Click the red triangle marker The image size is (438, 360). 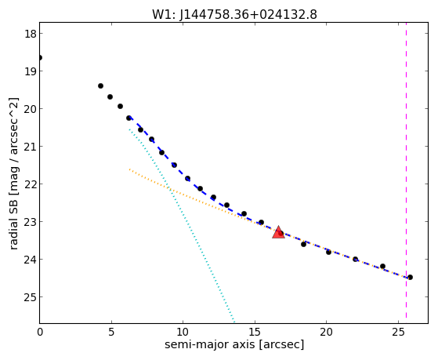pos(278,232)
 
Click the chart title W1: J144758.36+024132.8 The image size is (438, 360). pos(234,14)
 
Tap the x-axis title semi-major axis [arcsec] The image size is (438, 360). pos(234,344)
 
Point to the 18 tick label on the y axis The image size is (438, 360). pos(30,34)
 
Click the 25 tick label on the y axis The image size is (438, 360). pos(30,297)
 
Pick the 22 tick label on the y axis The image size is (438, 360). pos(30,184)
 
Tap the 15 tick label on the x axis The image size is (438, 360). pos(255,333)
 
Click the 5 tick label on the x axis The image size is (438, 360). pos(111,333)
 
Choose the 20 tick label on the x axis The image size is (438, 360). pos(326,333)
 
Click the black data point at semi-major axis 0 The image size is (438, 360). pos(40,57)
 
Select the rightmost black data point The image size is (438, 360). pos(410,277)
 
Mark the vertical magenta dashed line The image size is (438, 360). pos(406,171)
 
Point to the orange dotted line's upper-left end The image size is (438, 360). pos(129,169)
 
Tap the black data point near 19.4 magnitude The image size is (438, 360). pos(100,85)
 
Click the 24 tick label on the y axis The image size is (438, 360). pos(30,260)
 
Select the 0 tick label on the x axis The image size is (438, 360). pos(40,333)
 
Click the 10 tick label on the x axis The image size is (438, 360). pos(183,333)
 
